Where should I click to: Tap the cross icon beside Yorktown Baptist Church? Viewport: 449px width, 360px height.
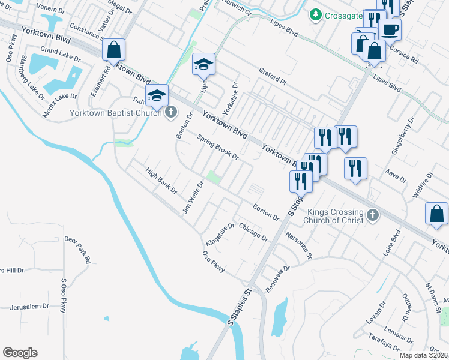[171, 112]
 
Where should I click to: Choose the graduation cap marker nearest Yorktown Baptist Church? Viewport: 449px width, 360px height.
[157, 95]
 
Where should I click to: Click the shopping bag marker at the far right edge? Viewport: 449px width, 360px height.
[436, 214]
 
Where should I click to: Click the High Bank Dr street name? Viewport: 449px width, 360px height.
[162, 180]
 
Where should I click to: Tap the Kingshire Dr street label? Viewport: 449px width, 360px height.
[220, 235]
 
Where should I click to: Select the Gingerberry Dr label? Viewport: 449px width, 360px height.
[403, 137]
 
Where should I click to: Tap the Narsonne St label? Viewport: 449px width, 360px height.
[299, 245]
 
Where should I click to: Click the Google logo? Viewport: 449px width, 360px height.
[20, 353]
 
